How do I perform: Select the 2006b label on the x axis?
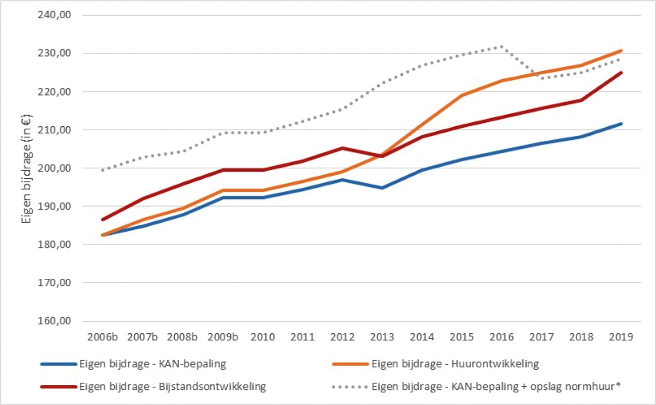coord(103,336)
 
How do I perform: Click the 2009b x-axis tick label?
coord(223,336)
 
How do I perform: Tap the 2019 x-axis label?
coord(621,336)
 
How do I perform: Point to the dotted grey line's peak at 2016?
coord(501,46)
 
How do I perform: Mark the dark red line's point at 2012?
coord(342,148)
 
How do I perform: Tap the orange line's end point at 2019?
coord(621,50)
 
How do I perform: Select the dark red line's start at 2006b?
coord(103,220)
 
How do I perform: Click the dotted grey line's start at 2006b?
coord(103,170)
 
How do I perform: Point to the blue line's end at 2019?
coord(621,124)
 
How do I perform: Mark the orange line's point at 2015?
coord(462,95)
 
